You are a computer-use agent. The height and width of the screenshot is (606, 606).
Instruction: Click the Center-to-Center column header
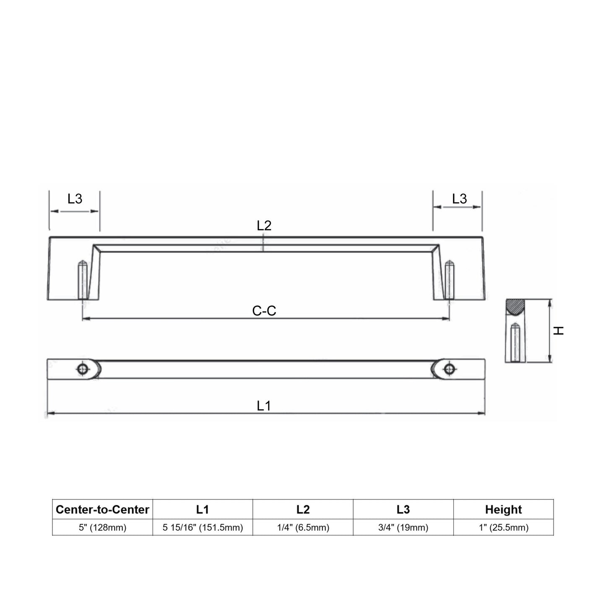tap(102, 509)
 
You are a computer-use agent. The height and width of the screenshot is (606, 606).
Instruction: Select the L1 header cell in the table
tap(203, 509)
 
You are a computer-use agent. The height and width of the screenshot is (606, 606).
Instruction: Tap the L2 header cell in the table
tap(303, 509)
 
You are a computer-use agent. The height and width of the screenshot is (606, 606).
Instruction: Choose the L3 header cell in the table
tap(403, 509)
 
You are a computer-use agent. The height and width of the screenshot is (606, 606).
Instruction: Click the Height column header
tap(503, 509)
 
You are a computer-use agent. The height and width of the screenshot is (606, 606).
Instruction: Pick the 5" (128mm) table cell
tap(102, 528)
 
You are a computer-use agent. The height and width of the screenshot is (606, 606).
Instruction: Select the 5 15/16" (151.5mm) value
tap(203, 528)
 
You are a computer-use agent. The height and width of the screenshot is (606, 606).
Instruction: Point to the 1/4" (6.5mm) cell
tap(303, 528)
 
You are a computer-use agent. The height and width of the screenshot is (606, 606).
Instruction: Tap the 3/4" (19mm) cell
tap(403, 528)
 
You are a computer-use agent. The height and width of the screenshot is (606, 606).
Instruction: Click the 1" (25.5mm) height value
tap(504, 528)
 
